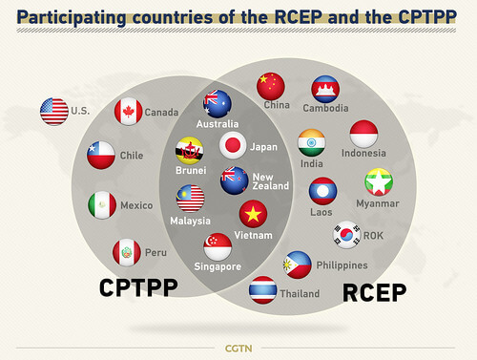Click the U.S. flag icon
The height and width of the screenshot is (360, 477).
point(54,112)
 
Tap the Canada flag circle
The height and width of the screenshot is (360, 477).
point(128,113)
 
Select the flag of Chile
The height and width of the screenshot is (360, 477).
point(101,155)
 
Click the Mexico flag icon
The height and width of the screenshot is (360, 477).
point(102,204)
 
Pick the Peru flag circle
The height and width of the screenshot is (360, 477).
point(127,253)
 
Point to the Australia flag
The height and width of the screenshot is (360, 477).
point(217,103)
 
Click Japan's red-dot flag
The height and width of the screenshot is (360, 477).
point(234,146)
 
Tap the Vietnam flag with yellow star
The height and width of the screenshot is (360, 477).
point(253,214)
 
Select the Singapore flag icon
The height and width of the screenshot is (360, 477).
point(218,246)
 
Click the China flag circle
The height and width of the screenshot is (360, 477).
point(271,86)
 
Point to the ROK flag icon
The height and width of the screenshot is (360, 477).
point(346,234)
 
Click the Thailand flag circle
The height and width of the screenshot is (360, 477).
point(262,289)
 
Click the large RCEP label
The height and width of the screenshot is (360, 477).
point(374,291)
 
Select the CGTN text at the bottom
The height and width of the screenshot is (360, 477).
point(238,347)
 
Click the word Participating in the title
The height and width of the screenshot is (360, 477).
point(79,16)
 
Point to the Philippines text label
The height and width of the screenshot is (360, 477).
point(341,265)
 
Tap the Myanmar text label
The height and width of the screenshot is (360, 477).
point(378,202)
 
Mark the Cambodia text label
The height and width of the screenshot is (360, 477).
point(325,108)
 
